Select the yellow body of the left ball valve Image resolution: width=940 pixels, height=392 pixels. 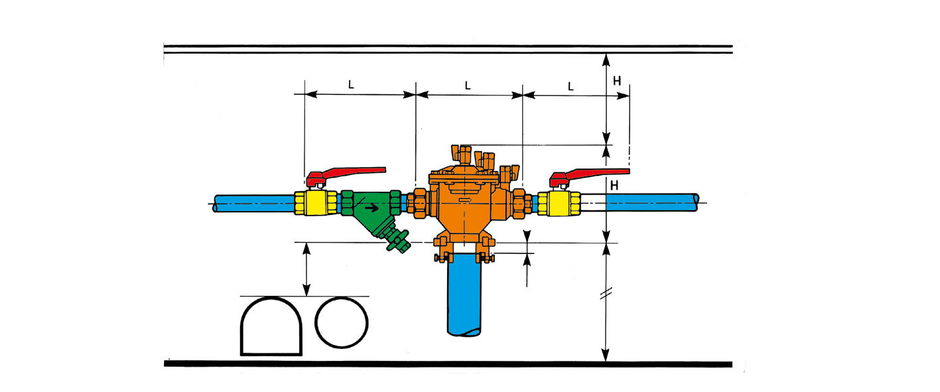[x=316, y=203]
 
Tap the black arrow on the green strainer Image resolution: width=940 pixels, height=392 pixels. [x=371, y=208]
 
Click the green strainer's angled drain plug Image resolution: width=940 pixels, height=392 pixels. [x=396, y=241]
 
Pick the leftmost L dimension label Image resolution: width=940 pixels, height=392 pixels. [x=351, y=84]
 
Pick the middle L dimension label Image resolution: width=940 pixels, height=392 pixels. [x=468, y=86]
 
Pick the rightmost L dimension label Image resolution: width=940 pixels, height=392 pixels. [x=571, y=86]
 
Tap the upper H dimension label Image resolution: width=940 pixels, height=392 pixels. [x=616, y=81]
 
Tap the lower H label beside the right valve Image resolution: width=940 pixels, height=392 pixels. [x=614, y=185]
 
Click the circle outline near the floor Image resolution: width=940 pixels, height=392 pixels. [x=342, y=298]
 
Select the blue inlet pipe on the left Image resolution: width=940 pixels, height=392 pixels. [x=254, y=203]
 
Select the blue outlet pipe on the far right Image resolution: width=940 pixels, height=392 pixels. [x=652, y=202]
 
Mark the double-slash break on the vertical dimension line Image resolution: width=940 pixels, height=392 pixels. [x=606, y=293]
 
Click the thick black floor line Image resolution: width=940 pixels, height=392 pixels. [x=448, y=364]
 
